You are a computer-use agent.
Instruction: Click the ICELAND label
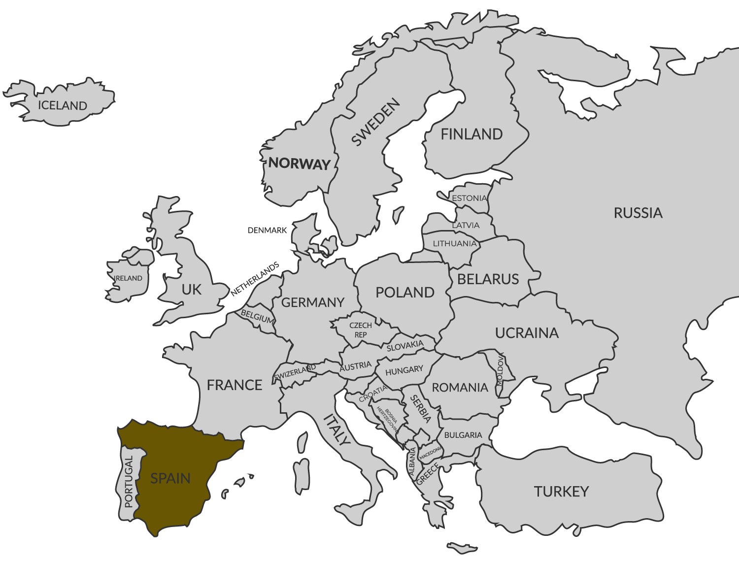point(63,105)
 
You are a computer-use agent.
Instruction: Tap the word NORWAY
point(299,164)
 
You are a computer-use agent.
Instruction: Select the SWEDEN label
point(375,123)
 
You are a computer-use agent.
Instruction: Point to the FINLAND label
point(471,134)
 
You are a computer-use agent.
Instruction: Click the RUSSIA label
point(638,213)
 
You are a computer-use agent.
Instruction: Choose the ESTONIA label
point(469,198)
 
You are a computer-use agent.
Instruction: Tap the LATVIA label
point(466,225)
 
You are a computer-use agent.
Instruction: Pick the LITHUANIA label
point(455,243)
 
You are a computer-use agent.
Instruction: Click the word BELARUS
point(488,279)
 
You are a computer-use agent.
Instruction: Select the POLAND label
point(405,292)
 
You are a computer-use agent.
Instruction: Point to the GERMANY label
point(312,302)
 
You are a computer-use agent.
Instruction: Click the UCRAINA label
point(527,333)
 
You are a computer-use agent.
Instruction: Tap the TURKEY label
point(561,491)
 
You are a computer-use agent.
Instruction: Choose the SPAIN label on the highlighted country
point(170,478)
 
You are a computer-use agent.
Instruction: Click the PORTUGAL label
point(129,482)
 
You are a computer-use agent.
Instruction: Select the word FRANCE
point(235,385)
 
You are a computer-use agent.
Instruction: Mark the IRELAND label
point(128,278)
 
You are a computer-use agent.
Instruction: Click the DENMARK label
point(267,230)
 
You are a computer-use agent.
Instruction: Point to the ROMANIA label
point(460,388)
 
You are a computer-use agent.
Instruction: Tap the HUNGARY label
point(404,370)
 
